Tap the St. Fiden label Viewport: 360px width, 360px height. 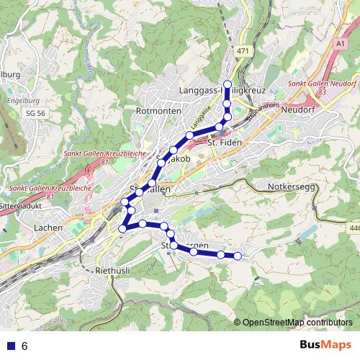(x=222, y=143)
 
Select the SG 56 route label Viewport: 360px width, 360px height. (x=35, y=114)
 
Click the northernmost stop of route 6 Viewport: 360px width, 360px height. (x=228, y=84)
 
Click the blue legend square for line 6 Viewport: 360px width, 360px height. (x=9, y=346)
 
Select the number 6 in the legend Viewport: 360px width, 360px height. (x=24, y=346)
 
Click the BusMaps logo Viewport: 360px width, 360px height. (x=326, y=345)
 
